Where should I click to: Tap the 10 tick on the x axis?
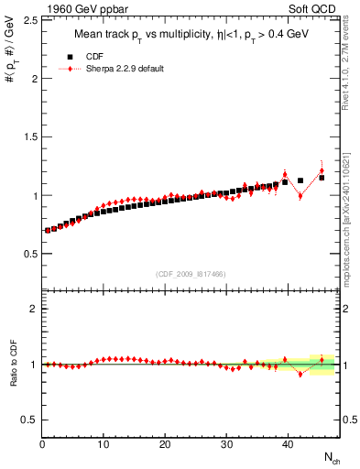(x=104, y=444)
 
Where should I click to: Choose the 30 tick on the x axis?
(x=226, y=444)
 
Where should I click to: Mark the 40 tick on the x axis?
(x=288, y=444)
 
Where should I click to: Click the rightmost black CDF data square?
(x=322, y=178)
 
